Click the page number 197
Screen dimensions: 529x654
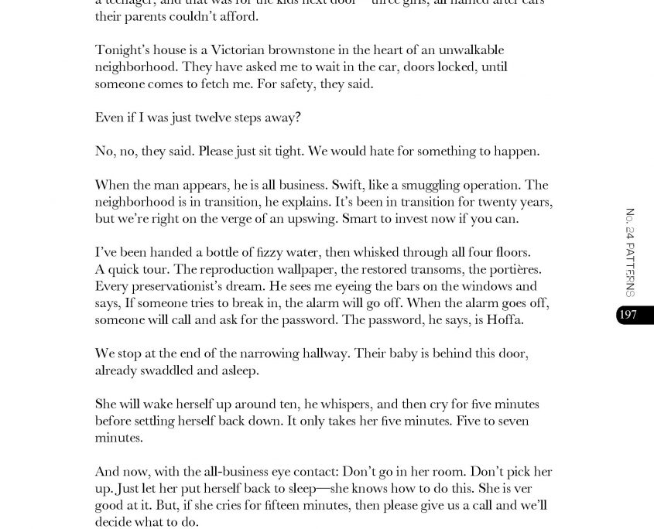tap(628, 315)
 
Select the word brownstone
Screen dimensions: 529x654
tap(274, 50)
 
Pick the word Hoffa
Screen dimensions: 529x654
tap(505, 319)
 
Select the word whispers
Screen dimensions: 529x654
tap(336, 404)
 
